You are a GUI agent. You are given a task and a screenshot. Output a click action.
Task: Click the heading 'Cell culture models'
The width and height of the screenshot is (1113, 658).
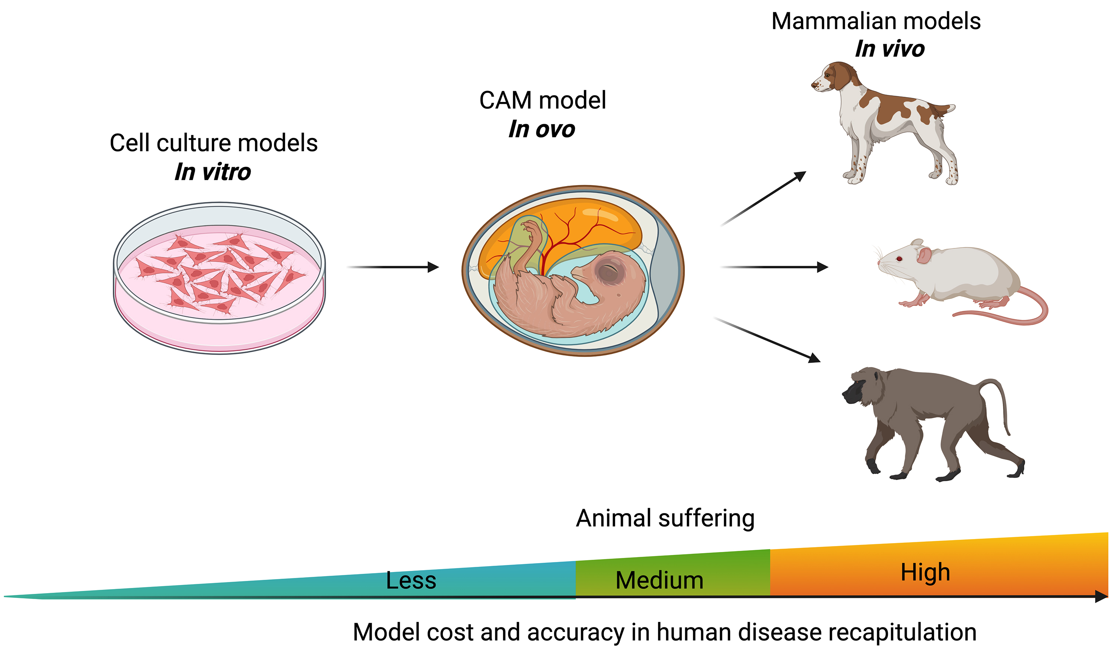(x=213, y=143)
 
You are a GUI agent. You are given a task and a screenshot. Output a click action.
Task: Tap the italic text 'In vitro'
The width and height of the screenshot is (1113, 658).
(x=213, y=172)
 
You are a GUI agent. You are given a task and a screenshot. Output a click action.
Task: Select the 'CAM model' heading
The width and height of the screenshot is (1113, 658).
(x=542, y=100)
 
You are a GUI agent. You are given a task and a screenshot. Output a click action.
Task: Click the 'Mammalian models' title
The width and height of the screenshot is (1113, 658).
(x=876, y=21)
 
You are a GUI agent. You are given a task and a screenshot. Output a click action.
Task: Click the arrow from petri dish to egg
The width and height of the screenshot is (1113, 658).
(x=393, y=267)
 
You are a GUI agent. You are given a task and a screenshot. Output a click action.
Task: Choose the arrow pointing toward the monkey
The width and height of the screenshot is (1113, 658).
(x=768, y=340)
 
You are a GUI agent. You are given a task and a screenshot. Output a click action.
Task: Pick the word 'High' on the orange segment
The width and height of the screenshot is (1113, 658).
(x=925, y=572)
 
